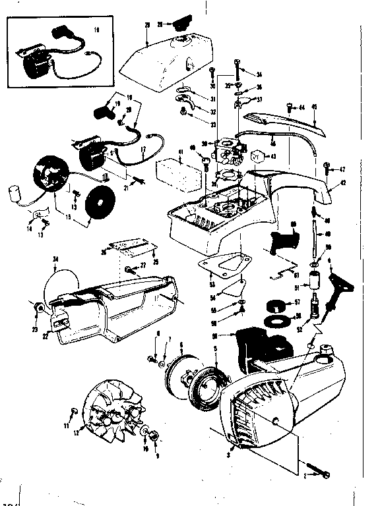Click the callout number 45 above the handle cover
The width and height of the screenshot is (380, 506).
point(315,107)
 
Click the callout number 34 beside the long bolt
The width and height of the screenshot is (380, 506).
point(259,74)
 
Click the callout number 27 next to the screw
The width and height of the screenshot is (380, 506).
point(142,266)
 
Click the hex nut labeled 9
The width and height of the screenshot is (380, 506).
point(152,437)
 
